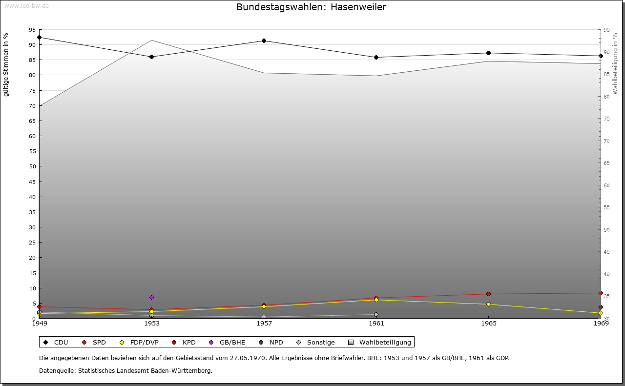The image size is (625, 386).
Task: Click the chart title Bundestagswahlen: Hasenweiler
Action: tap(311, 7)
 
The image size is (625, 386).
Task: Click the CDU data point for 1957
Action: tap(264, 41)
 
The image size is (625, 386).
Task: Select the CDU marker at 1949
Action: tap(39, 37)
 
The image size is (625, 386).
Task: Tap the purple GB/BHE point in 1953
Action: tap(151, 297)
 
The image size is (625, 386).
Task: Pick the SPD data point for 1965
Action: tap(488, 294)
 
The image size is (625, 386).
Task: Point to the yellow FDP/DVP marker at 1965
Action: tap(488, 304)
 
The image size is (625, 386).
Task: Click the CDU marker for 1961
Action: tap(376, 57)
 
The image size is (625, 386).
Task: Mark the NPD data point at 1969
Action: tap(601, 307)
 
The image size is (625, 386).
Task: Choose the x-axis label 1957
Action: tap(264, 323)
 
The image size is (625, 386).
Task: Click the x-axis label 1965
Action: tap(488, 323)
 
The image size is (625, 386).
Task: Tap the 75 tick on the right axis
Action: tap(606, 119)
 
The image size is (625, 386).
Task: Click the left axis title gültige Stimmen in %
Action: tap(6, 64)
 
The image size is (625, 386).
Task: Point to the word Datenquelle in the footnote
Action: tap(57, 370)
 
